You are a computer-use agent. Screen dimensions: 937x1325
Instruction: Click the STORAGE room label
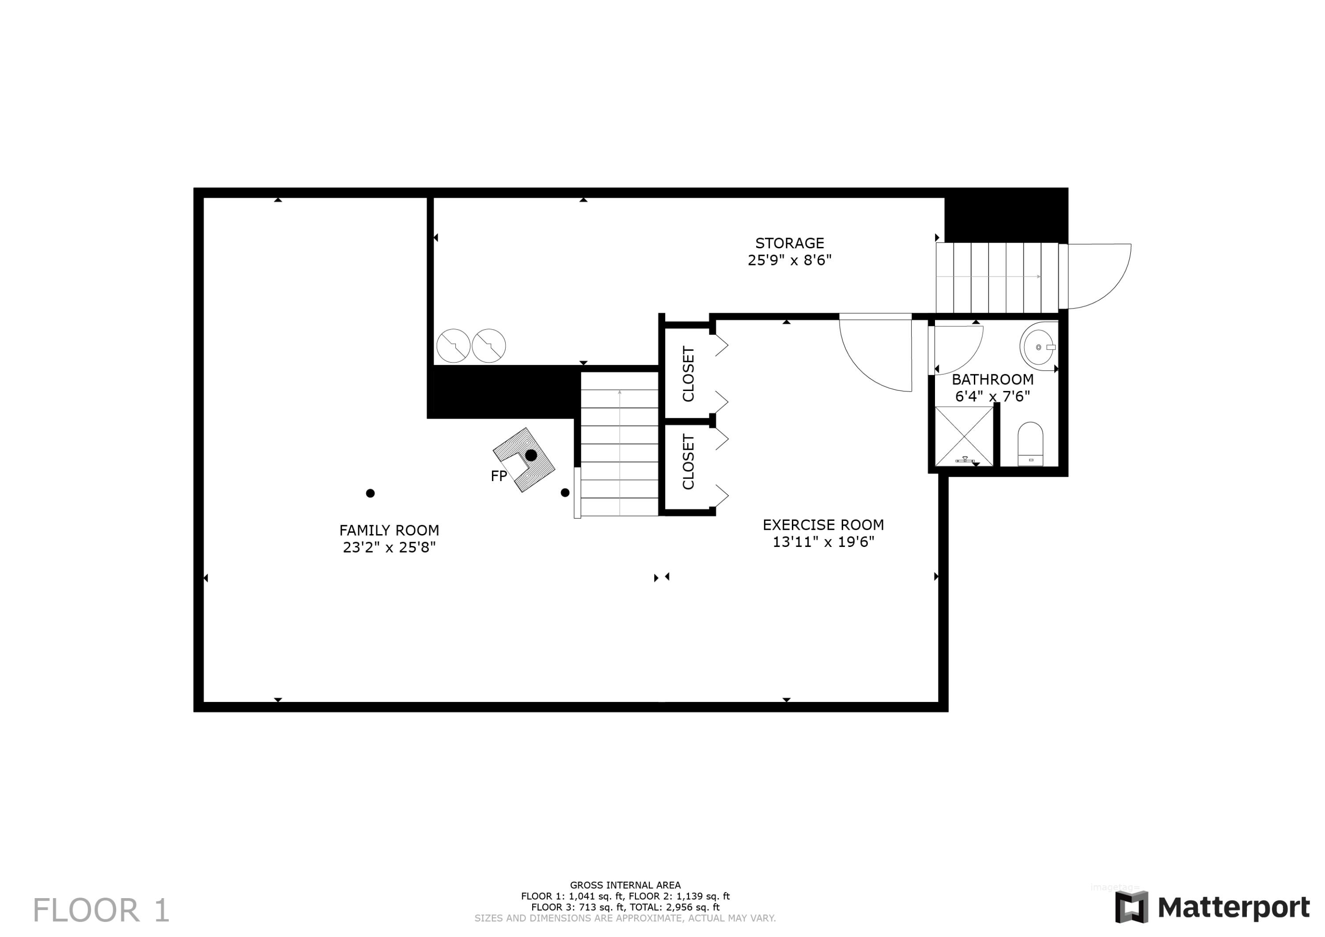(x=789, y=243)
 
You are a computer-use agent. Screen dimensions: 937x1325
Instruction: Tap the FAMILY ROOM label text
(x=389, y=530)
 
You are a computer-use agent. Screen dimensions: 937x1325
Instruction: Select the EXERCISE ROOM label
(x=823, y=525)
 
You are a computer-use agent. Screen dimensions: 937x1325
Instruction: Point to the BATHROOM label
(x=992, y=379)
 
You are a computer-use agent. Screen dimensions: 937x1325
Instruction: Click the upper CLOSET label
(x=688, y=374)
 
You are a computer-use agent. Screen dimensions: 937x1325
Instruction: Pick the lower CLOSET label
(x=688, y=461)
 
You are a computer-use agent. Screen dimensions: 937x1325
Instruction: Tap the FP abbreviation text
(x=499, y=476)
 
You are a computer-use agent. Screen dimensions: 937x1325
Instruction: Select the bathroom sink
(x=1039, y=346)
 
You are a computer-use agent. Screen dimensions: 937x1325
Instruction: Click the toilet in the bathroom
(x=1030, y=444)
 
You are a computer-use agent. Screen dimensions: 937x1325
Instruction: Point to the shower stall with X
(x=963, y=436)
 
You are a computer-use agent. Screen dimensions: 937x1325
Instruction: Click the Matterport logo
(x=1212, y=907)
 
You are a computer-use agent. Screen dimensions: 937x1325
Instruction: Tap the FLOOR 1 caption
(x=101, y=910)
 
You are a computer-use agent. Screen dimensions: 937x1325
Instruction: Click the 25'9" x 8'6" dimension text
(x=789, y=260)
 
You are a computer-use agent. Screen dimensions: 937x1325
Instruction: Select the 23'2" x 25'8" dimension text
(x=389, y=547)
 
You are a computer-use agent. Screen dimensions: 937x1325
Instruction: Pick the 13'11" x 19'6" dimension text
(x=823, y=542)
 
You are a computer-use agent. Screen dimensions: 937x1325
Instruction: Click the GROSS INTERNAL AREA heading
(x=625, y=885)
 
